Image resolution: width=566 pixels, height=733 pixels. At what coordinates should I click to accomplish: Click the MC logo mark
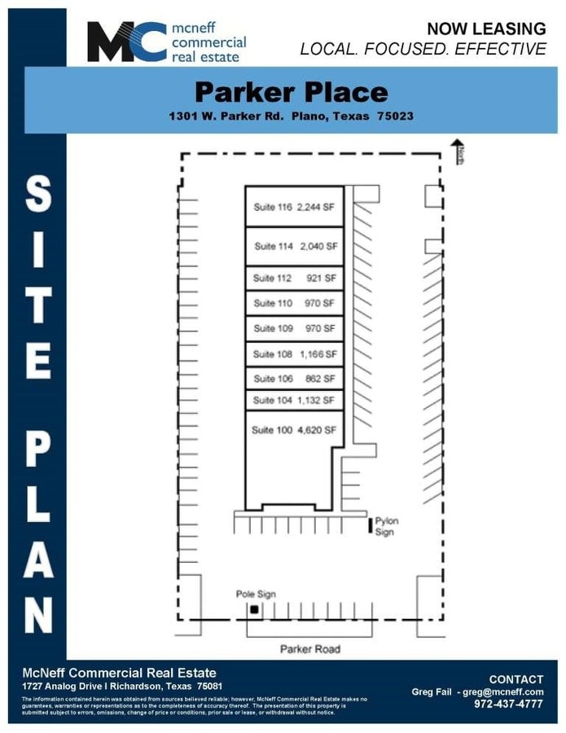[x=127, y=42]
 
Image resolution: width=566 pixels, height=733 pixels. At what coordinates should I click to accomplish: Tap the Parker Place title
[x=292, y=92]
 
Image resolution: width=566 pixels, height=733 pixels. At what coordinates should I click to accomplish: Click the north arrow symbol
[x=457, y=151]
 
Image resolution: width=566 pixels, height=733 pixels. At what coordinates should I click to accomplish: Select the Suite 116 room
[x=295, y=207]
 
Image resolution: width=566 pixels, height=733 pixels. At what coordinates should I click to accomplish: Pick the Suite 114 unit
[x=295, y=246]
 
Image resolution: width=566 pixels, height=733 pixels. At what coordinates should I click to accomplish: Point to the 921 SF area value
[x=321, y=279]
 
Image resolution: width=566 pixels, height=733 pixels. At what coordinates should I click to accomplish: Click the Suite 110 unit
[x=295, y=303]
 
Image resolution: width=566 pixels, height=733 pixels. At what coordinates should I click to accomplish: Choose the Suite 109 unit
[x=295, y=329]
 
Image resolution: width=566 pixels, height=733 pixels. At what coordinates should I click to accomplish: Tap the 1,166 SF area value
[x=318, y=354]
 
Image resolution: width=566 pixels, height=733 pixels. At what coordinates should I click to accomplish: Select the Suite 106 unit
[x=295, y=379]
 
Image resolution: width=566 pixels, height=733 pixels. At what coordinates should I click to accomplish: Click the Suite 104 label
[x=273, y=400]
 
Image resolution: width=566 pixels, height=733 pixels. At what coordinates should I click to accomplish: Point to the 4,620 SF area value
[x=318, y=430]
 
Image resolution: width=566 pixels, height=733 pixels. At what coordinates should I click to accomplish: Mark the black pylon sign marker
[x=370, y=525]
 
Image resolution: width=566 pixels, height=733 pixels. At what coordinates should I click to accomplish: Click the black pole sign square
[x=254, y=609]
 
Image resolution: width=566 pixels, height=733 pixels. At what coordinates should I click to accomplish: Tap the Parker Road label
[x=309, y=649]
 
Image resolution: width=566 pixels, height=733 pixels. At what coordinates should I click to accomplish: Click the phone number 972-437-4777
[x=508, y=704]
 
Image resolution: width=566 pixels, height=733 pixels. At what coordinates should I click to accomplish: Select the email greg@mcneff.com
[x=503, y=691]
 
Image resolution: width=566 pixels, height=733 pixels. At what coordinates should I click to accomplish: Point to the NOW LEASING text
[x=486, y=29]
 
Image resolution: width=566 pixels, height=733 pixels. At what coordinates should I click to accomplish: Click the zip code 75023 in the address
[x=396, y=116]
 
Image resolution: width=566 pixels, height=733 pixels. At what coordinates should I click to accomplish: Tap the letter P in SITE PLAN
[x=37, y=451]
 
